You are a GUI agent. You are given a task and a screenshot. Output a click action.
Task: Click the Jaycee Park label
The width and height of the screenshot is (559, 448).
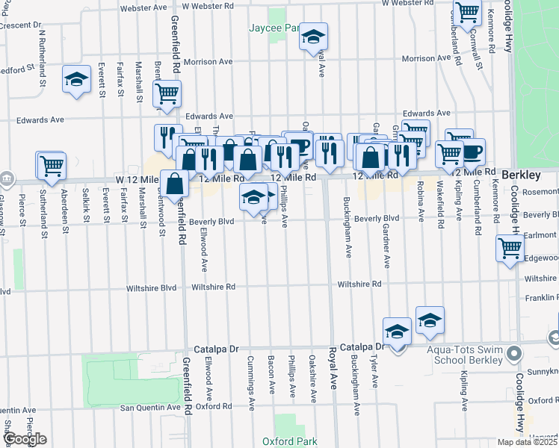tap(274, 28)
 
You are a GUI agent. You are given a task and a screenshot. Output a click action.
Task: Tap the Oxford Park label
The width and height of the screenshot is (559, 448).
tap(295, 441)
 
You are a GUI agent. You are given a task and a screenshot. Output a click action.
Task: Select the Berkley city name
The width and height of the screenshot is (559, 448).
tap(521, 174)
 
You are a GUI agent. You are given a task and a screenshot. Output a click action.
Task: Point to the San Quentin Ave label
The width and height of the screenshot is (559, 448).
tap(151, 407)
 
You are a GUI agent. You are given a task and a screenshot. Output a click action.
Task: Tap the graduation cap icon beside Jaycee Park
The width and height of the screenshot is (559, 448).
tap(314, 36)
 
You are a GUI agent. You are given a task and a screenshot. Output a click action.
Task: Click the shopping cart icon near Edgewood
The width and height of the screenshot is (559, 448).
tap(509, 247)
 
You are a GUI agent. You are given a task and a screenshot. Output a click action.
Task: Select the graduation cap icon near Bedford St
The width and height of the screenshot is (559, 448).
tap(75, 80)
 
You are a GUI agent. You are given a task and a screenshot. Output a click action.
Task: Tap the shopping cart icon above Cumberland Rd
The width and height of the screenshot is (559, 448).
tap(466, 13)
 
